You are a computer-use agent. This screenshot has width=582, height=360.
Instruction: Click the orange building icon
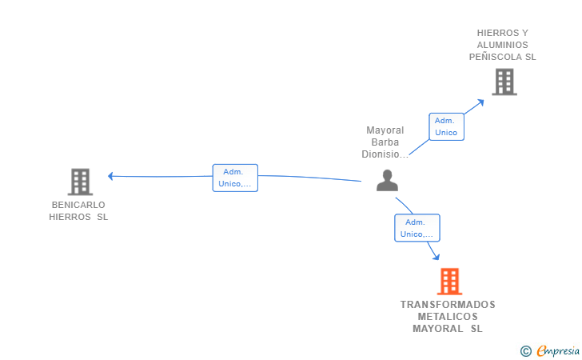449,282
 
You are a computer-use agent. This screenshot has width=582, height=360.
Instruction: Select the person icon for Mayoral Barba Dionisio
387,181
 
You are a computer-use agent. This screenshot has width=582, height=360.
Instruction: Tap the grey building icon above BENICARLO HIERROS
80,182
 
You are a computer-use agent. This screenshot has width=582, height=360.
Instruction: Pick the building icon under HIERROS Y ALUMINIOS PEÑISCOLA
504,82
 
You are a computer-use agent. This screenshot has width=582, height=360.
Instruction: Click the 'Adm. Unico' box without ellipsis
447,126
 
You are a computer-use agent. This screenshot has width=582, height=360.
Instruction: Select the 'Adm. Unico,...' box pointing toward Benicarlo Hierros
235,178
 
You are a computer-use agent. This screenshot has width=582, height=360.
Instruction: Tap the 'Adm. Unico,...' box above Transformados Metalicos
417,228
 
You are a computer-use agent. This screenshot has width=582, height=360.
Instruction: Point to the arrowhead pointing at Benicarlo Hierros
110,176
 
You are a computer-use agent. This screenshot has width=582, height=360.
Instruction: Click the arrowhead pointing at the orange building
436,256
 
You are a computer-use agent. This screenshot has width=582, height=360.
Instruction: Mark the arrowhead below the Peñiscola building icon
480,102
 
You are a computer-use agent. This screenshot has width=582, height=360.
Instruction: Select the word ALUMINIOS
503,45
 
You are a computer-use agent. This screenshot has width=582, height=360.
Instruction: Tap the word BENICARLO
78,205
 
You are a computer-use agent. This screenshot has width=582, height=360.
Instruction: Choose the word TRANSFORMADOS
448,305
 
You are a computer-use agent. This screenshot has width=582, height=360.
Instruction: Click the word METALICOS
448,317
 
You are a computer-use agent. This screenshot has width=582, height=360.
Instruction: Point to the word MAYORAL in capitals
437,329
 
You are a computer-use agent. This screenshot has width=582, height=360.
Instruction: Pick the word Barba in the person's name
385,142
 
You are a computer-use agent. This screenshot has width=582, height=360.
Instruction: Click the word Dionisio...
385,154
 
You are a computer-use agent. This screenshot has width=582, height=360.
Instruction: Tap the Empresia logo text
558,350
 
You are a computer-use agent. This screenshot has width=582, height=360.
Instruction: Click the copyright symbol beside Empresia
526,351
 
